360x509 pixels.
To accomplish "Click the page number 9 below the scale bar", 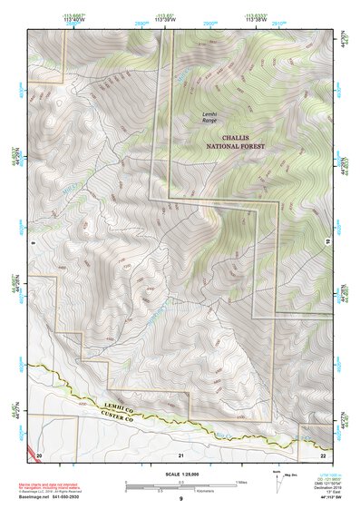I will click(x=180, y=499).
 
